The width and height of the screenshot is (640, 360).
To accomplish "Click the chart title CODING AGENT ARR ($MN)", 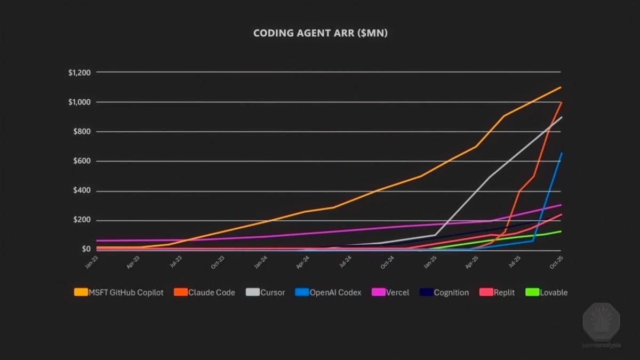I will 320,33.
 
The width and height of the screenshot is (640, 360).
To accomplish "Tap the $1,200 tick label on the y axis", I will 79,73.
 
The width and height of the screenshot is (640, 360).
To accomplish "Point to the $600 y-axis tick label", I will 81,161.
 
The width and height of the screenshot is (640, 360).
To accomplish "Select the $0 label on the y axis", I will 86,249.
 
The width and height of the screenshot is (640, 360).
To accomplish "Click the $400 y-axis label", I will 81,191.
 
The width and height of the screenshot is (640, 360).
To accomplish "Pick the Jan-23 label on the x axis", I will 92,261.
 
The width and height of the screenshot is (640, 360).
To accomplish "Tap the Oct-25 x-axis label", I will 556,261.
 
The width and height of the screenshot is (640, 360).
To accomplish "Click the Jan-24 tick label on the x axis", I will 261,261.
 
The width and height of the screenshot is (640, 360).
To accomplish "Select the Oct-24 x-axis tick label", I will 387,261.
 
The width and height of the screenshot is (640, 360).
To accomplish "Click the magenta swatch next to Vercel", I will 378,292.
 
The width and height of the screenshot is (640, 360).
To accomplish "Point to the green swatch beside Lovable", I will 532,292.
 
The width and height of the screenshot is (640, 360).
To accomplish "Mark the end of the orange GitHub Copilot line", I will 561,87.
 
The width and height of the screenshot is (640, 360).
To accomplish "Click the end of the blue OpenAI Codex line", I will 561,154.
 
